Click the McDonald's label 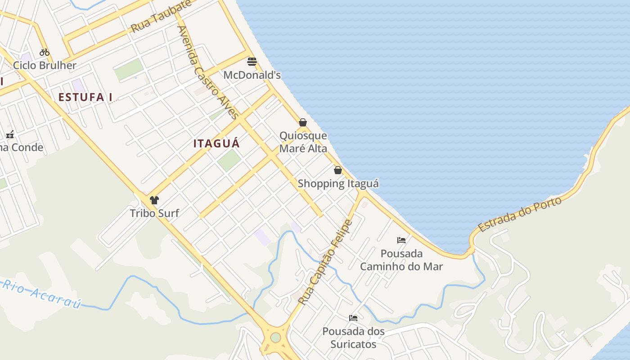[252, 75]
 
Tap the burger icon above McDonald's [252, 62]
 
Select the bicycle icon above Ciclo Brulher [44, 52]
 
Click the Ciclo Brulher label [45, 65]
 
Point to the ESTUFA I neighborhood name [85, 97]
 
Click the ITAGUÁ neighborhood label [216, 144]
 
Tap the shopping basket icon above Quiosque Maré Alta [303, 122]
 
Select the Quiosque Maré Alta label [303, 142]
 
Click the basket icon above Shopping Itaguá [338, 170]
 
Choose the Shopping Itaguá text [338, 184]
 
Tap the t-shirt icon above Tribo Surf [154, 200]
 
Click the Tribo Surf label [154, 213]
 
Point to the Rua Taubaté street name [161, 17]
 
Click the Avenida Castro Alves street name [208, 72]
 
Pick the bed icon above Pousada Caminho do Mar [401, 240]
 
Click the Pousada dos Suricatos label [353, 338]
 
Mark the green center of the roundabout [275, 337]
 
